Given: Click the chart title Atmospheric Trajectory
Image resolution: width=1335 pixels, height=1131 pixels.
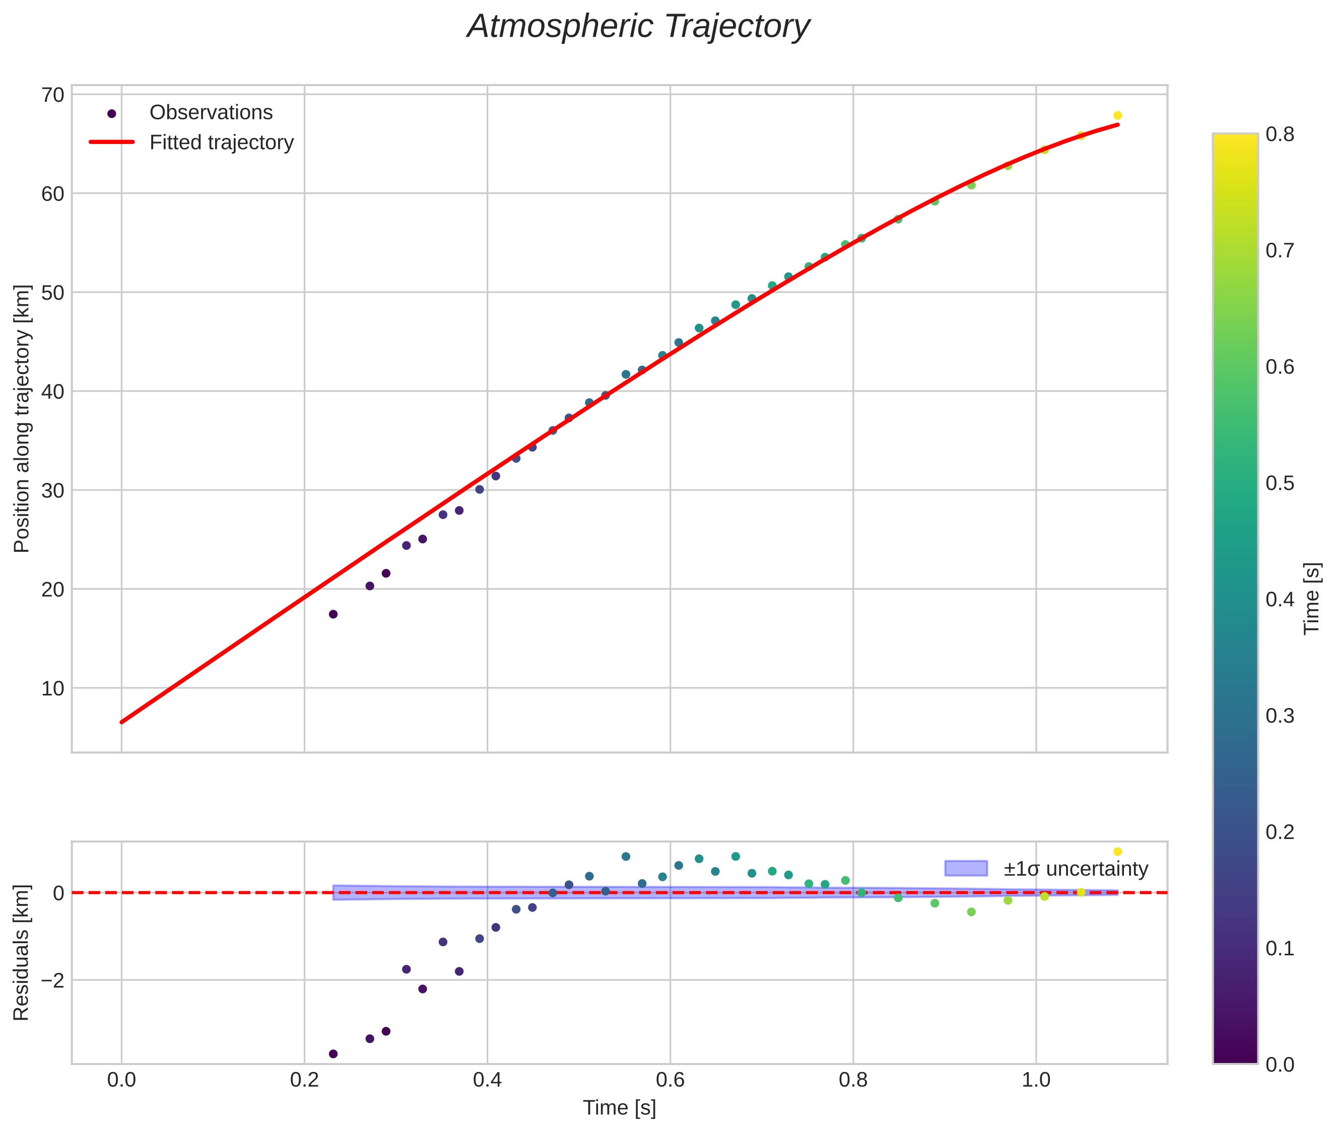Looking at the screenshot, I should [638, 27].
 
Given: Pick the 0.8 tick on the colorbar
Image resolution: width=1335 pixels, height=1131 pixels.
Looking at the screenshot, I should [1279, 134].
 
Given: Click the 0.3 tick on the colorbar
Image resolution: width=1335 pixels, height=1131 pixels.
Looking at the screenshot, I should [1279, 716].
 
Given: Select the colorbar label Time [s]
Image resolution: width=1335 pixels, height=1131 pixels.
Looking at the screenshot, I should [1312, 599].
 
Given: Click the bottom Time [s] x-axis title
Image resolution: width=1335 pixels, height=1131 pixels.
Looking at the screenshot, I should [619, 1108].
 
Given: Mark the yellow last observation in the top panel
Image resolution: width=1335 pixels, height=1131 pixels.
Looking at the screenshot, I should [1117, 115].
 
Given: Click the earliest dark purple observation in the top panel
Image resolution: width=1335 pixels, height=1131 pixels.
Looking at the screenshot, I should [333, 614].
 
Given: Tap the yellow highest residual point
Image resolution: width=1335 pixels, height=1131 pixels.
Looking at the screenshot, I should [1117, 852].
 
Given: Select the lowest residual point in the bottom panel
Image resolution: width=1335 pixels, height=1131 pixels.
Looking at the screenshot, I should [333, 1054].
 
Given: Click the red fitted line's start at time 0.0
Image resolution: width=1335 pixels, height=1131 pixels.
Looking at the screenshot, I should [122, 722].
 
